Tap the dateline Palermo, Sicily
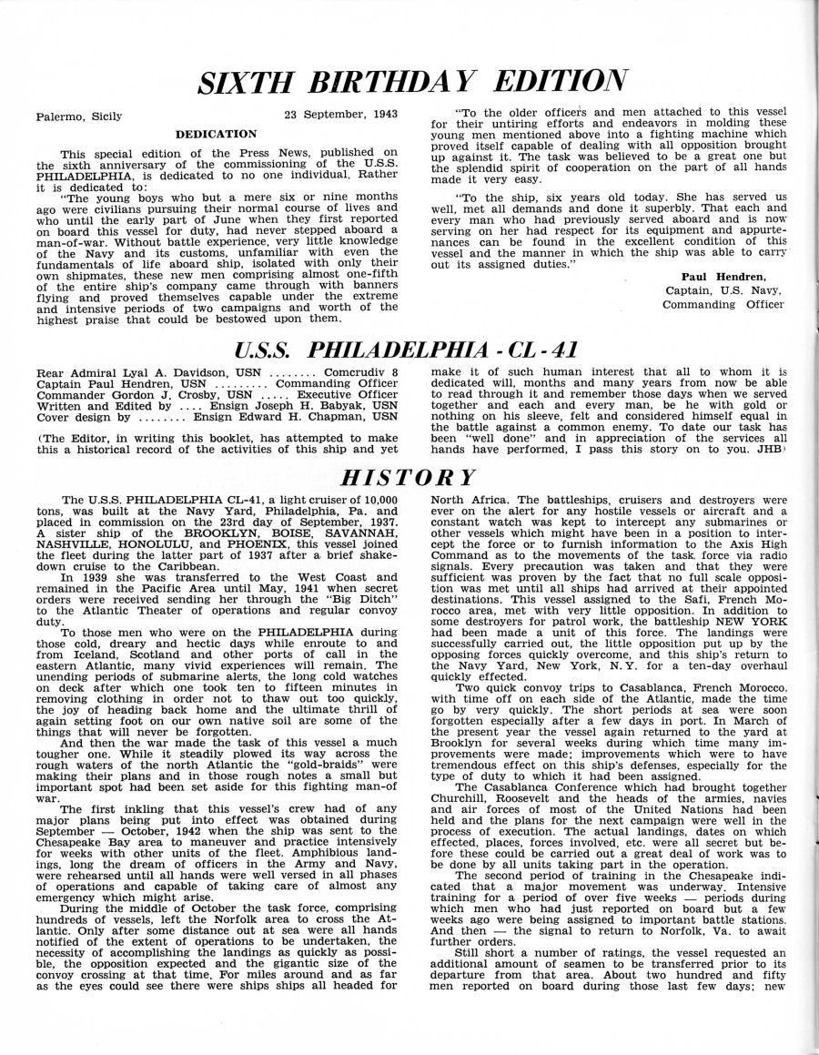[79, 117]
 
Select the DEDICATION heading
[216, 134]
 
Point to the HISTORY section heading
[409, 477]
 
